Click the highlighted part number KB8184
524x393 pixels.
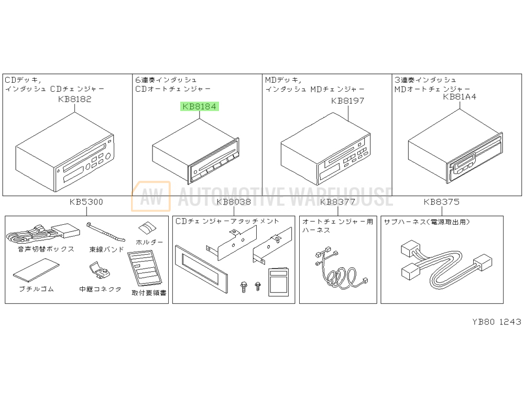click(200, 106)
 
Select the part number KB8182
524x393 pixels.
click(74, 99)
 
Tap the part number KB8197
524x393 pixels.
click(347, 101)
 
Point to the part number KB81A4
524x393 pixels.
click(460, 96)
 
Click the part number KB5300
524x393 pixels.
click(86, 202)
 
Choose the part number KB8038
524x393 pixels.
click(234, 202)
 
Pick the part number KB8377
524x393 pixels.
click(337, 202)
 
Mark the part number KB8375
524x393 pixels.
click(441, 202)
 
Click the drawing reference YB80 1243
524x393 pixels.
click(497, 322)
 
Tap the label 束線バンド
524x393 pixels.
click(106, 249)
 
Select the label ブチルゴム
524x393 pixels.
click(37, 289)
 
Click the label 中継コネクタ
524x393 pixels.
click(100, 289)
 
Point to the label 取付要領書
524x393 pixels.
click(149, 293)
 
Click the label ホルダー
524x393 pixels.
click(149, 242)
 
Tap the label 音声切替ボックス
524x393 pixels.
click(46, 249)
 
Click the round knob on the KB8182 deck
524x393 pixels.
click(108, 156)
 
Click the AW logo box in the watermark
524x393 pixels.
click(151, 196)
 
